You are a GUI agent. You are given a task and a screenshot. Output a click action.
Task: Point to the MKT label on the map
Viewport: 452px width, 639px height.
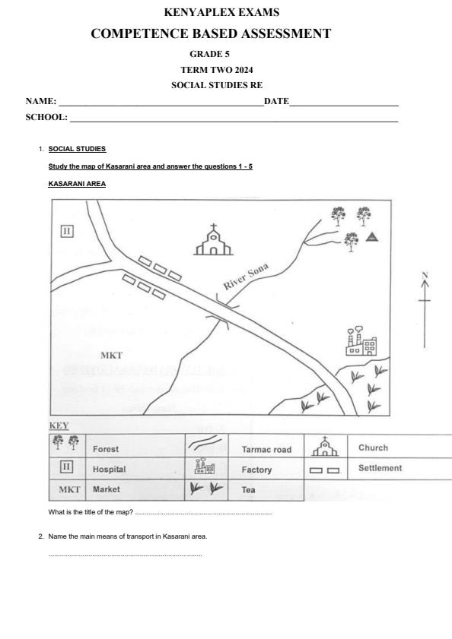click(111, 355)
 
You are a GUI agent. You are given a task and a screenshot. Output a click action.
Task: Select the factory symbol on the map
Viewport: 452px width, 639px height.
click(361, 343)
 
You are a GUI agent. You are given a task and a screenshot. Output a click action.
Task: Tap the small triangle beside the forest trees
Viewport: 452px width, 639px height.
click(372, 237)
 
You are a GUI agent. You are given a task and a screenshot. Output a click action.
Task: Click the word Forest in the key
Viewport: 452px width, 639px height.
click(106, 449)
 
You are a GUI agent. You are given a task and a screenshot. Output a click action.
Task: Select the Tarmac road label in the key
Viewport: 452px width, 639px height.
click(266, 450)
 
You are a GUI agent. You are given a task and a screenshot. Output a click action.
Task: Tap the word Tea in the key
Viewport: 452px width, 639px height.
click(248, 490)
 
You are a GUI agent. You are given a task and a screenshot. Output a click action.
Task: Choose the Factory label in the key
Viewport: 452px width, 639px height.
click(256, 470)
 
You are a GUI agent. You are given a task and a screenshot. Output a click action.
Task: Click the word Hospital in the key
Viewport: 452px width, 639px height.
click(109, 470)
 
